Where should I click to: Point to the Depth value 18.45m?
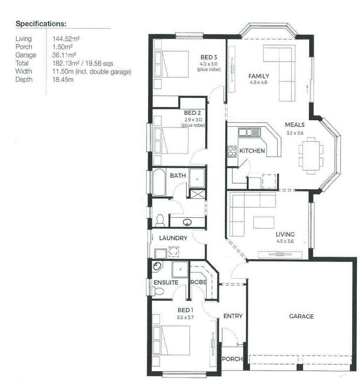click(x=63, y=80)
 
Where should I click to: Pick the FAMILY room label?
click(x=258, y=76)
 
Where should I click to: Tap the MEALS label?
click(x=295, y=125)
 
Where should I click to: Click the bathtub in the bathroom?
click(x=159, y=182)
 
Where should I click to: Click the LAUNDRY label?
click(x=173, y=238)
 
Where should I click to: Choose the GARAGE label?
click(x=301, y=317)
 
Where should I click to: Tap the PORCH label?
click(x=232, y=359)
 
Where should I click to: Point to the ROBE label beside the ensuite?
click(x=198, y=282)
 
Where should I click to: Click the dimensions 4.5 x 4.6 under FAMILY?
click(x=258, y=82)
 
